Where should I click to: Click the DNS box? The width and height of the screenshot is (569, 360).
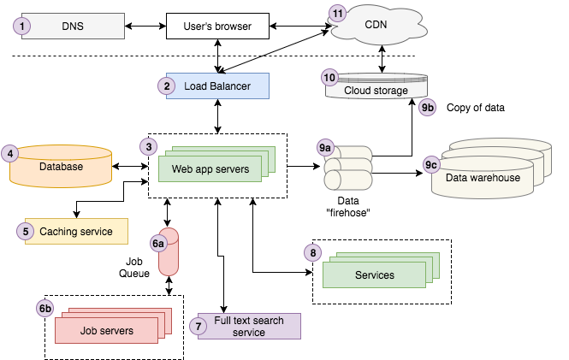[x=73, y=26]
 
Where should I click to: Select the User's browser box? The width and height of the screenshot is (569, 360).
[x=217, y=27]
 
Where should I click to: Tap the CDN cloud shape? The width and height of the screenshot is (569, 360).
[x=376, y=24]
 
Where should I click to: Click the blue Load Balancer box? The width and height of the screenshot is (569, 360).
[x=217, y=86]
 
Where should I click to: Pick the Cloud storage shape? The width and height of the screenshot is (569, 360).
[x=376, y=89]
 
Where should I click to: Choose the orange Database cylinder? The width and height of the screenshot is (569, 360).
[x=61, y=167]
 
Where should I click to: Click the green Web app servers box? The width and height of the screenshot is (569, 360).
[x=210, y=168]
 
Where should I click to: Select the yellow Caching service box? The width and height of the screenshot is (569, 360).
[x=76, y=231]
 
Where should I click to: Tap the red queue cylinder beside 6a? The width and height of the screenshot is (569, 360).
[x=169, y=251]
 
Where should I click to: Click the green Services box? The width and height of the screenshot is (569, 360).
[x=374, y=274]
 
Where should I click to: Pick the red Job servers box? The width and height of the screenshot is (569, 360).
[x=107, y=330]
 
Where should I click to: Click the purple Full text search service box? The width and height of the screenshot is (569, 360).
[x=249, y=326]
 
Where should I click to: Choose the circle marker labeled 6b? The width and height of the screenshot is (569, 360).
[x=46, y=308]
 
